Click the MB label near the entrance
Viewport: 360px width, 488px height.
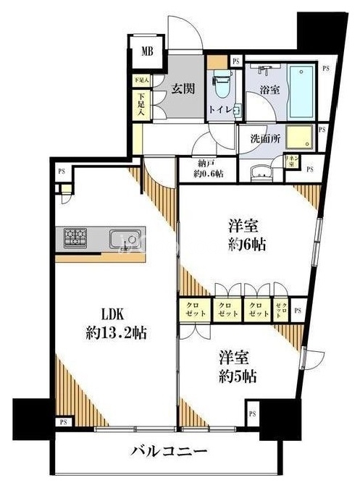pos(147,51)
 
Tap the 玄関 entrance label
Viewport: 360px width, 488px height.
pos(182,89)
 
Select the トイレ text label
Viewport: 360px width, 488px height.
pos(220,109)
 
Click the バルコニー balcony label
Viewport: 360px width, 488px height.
pos(170,450)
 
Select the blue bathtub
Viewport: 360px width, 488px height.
pos(301,90)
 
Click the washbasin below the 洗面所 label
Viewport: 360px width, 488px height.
pos(260,174)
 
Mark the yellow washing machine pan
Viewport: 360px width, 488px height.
pos(297,137)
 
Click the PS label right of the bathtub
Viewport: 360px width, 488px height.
pos(325,68)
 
